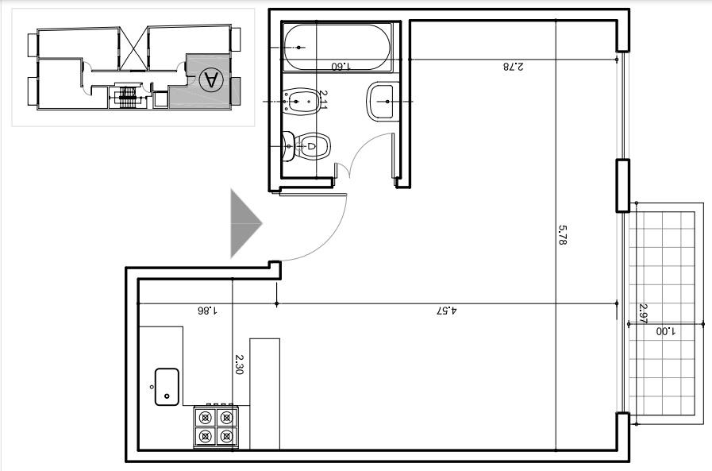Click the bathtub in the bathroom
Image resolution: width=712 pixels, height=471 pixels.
coord(337,47)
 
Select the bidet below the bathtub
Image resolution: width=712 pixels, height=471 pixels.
coord(300,102)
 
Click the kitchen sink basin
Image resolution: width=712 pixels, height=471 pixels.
coord(167,387)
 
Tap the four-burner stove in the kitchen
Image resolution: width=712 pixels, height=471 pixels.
coord(216,427)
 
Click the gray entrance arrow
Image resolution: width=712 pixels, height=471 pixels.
coord(246,223)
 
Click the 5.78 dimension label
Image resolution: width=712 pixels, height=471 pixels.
coord(562,235)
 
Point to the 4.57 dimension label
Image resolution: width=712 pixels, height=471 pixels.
coord(447,311)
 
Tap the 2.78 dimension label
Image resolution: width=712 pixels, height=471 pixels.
coord(513,66)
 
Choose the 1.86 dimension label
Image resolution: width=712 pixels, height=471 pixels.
coord(207,311)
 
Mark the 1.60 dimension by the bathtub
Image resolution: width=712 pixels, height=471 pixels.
coord(341,66)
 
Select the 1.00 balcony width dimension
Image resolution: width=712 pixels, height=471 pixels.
coord(666,331)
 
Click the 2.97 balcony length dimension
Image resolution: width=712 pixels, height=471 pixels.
coord(643,314)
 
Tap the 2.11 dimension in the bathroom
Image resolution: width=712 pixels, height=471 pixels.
coord(323,99)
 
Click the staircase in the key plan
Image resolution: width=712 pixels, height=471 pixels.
coord(128,96)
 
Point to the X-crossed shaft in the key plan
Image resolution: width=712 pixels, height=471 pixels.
coord(133,48)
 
